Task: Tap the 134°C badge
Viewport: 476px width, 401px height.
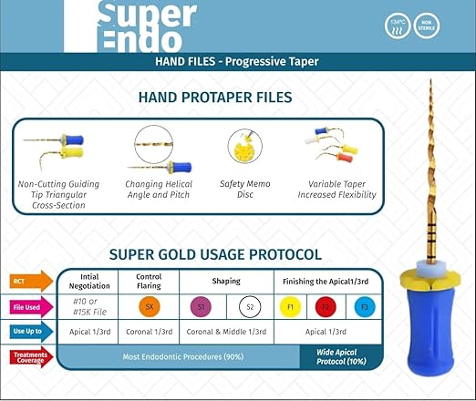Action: click(398, 24)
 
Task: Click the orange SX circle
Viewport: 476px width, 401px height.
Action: click(149, 306)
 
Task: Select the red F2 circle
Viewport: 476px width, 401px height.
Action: click(327, 306)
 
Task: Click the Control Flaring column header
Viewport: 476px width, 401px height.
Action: click(149, 281)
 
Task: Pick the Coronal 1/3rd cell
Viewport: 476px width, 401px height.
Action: click(149, 333)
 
